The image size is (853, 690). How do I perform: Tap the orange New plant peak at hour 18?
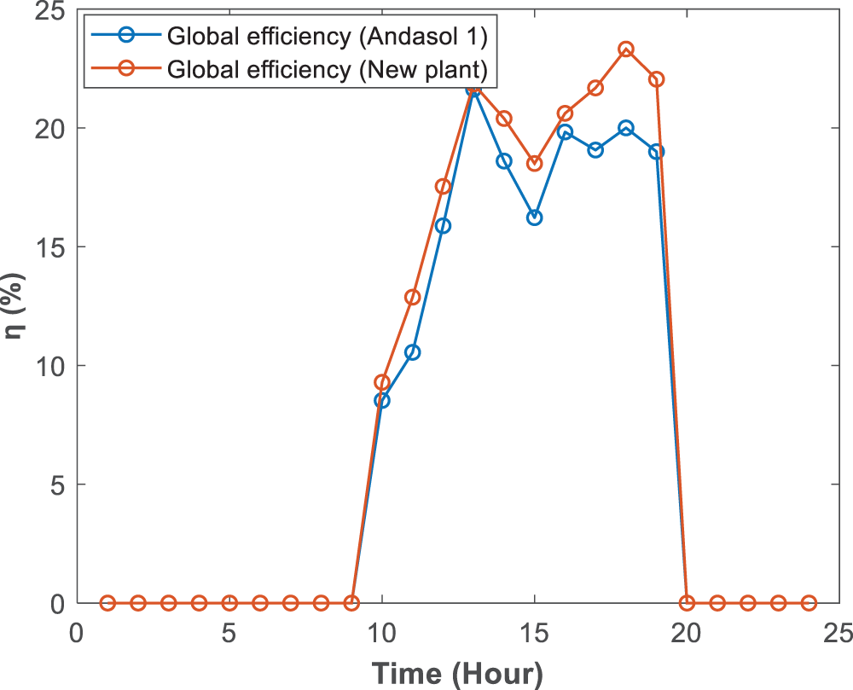(626, 49)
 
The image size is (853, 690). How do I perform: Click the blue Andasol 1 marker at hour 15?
(535, 217)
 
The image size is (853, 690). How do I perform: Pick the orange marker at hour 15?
(535, 164)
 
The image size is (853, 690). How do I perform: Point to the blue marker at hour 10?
(382, 401)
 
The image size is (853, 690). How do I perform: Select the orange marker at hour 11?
(413, 298)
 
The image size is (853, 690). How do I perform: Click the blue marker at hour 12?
(443, 226)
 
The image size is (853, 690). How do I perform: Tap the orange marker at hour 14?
(504, 119)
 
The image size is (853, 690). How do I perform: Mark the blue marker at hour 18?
(626, 128)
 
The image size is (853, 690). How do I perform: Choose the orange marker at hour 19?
(657, 79)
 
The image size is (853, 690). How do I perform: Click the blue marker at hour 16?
(565, 132)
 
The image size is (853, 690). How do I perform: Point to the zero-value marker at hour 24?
(809, 603)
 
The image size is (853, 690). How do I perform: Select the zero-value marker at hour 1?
(107, 603)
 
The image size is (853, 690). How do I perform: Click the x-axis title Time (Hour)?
(457, 673)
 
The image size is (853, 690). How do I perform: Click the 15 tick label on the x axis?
(534, 634)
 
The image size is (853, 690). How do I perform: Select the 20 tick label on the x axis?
(687, 634)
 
